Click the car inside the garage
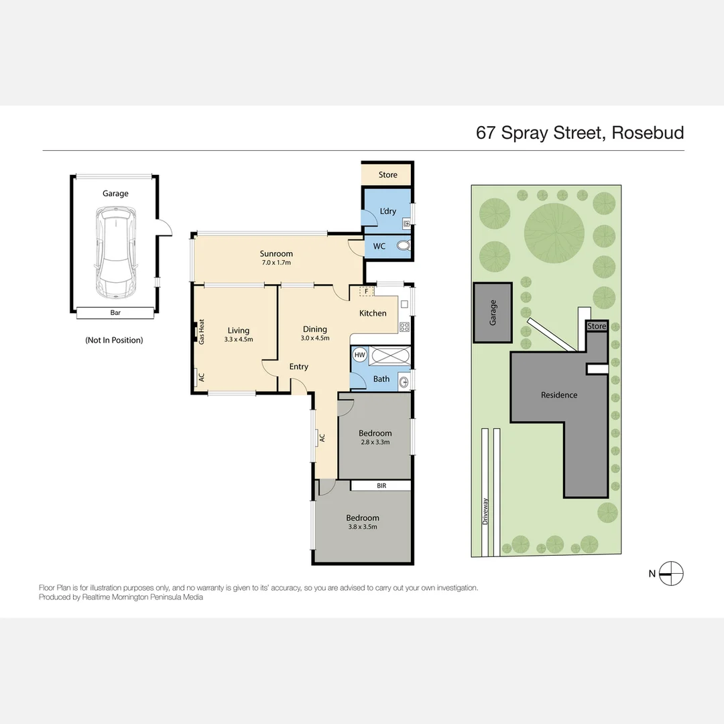[115, 253]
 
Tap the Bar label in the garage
[115, 312]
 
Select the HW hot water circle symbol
[360, 355]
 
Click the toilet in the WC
[403, 245]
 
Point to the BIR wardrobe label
[381, 486]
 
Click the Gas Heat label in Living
[202, 332]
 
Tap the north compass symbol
[670, 573]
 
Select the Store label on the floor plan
[388, 174]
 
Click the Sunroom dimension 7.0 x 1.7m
[276, 263]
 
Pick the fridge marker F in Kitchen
[367, 292]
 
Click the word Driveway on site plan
[485, 511]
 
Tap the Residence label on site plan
[559, 395]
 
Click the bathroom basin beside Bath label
[404, 382]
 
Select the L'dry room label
[388, 211]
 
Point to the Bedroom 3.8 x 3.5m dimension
[363, 527]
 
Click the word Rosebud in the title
[648, 133]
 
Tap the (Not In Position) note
[114, 341]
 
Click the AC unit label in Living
[201, 377]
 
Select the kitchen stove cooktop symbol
[404, 327]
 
